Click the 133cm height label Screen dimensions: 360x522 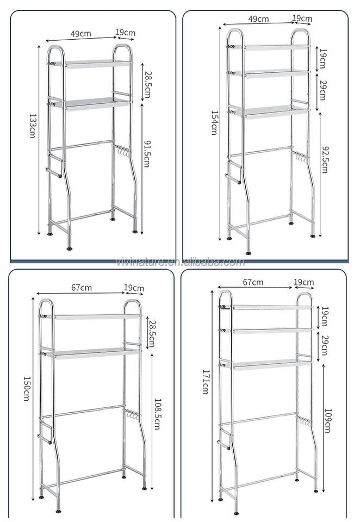tap(32, 126)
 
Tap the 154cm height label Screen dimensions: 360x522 tap(214, 122)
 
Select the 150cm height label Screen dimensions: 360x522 tap(27, 388)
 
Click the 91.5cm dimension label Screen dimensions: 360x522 tap(147, 154)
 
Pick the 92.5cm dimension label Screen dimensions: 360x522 tap(325, 159)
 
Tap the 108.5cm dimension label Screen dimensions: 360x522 tap(157, 414)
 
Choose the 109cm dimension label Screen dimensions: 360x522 tap(328, 420)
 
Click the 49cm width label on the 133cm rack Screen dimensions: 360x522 tap(81, 34)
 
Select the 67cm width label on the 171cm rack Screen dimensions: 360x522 tap(253, 282)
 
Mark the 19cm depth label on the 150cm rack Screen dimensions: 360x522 tap(134, 288)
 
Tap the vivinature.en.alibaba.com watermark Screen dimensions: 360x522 tap(180, 262)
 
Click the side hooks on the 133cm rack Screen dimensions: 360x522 tap(122, 151)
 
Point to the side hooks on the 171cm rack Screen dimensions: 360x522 tap(304, 420)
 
